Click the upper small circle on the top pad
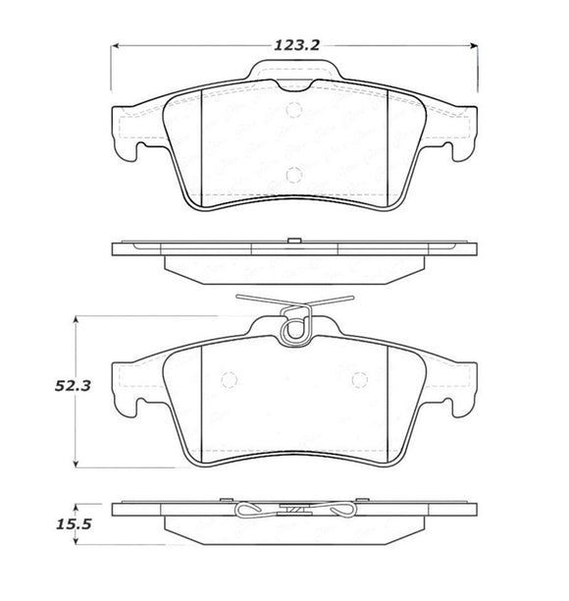coord(291,110)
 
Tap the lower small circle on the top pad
coord(291,176)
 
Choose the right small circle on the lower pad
coord(358,379)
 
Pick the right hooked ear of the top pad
coord(453,137)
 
